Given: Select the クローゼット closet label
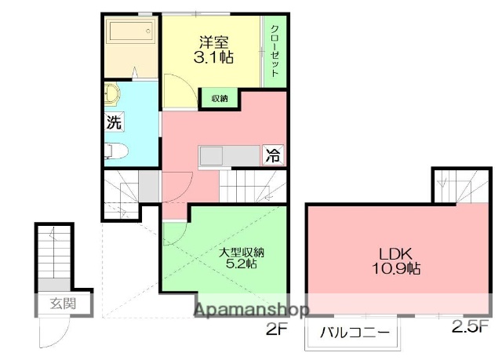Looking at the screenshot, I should (x=275, y=51).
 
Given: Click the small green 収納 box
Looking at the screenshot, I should (x=219, y=98).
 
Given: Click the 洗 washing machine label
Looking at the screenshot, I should (x=114, y=122).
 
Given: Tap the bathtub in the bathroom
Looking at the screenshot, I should (x=133, y=34).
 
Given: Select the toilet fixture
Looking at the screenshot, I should (x=115, y=151).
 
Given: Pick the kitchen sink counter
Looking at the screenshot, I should (x=227, y=155).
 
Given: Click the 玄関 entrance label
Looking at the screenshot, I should (x=64, y=303).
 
